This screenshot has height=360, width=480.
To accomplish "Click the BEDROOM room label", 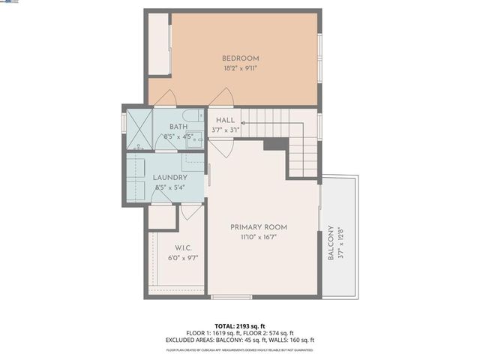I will coord(240,58).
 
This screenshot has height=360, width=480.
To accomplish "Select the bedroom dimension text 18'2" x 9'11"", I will coord(240,68).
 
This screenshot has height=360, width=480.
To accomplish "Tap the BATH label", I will coord(178,127).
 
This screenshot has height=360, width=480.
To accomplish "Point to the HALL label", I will coord(226,120).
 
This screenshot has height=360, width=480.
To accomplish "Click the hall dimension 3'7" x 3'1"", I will coord(226,130).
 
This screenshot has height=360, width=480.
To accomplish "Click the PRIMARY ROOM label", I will coord(259,227).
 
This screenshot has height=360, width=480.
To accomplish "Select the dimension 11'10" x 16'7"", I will coord(259,237).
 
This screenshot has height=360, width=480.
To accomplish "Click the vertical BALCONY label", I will coord(331,244).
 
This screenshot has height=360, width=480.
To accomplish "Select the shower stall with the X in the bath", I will coord(139,127).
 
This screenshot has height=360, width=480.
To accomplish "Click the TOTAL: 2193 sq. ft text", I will coord(240,325).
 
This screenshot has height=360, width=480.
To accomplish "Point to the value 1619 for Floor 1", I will coord(228,333).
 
